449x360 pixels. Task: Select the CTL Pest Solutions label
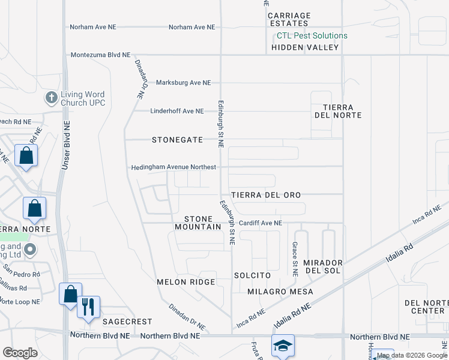[x=308, y=35]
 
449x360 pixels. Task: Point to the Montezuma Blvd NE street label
[x=100, y=55]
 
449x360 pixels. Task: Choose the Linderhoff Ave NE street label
[x=177, y=111]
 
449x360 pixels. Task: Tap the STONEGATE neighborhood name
[x=176, y=140]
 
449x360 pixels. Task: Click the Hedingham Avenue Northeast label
[x=173, y=167]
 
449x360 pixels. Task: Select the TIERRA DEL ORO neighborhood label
[x=266, y=196]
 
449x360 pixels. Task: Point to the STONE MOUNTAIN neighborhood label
[x=198, y=223]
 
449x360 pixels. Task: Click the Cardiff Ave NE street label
[x=260, y=223]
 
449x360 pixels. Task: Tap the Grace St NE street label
[x=295, y=259]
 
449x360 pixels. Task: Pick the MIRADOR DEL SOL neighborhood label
[x=322, y=267]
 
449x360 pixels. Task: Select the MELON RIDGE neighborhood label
[x=185, y=282]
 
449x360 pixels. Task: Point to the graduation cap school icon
[x=283, y=346]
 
